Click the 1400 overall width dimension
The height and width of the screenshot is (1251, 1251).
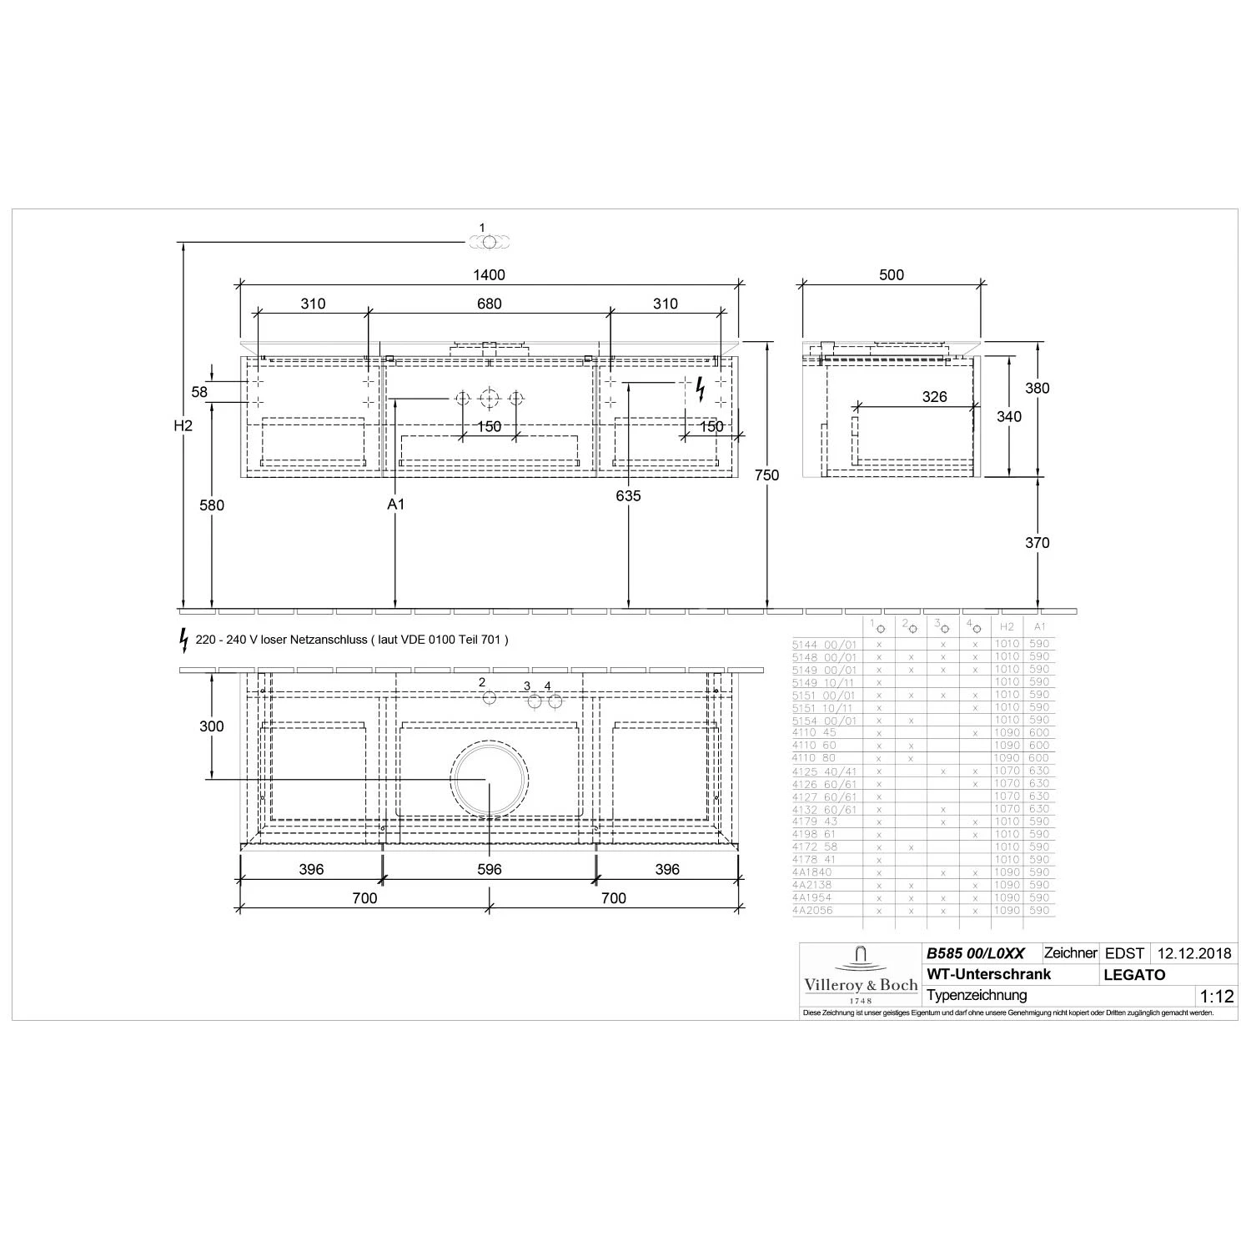coord(489,275)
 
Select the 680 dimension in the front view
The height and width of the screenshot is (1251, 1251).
coord(489,304)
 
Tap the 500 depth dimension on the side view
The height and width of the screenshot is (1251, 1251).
coord(891,275)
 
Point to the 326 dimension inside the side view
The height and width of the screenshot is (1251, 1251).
coord(934,397)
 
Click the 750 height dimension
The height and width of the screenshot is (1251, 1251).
coord(766,475)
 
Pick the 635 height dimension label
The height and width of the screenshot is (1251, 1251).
coord(628,496)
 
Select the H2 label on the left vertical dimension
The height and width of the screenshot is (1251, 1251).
coord(183,426)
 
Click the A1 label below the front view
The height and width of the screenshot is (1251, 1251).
coord(395,505)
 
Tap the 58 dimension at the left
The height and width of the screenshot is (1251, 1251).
coord(199,392)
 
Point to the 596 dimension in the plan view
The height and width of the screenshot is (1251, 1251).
coord(489,869)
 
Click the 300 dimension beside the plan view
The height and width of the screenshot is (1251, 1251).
coord(212,726)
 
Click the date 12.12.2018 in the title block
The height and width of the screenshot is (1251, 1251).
coord(1193,953)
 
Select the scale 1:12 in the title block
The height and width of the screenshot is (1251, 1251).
coord(1215,996)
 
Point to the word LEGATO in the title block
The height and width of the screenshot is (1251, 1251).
coord(1134,975)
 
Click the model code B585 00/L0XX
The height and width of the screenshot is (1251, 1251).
coord(975,953)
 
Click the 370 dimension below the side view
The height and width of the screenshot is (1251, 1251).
coord(1037,543)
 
